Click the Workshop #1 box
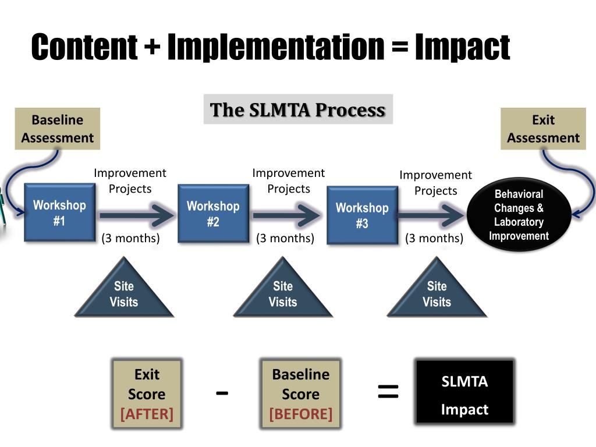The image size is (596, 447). [59, 212]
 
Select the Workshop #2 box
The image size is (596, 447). [212, 213]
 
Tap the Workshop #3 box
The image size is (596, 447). [361, 215]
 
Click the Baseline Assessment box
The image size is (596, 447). [57, 129]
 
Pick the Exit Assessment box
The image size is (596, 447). [543, 129]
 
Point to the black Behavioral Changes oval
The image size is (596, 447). [519, 215]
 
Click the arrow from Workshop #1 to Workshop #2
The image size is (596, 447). [137, 215]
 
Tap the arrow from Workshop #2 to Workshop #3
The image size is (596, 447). [286, 215]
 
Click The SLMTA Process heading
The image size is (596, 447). [298, 109]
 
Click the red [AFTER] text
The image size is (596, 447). [147, 414]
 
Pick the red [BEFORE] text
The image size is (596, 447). [300, 414]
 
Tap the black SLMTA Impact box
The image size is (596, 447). [464, 392]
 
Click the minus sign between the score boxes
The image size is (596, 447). [222, 393]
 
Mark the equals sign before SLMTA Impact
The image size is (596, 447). [388, 392]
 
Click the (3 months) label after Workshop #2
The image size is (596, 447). [285, 238]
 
